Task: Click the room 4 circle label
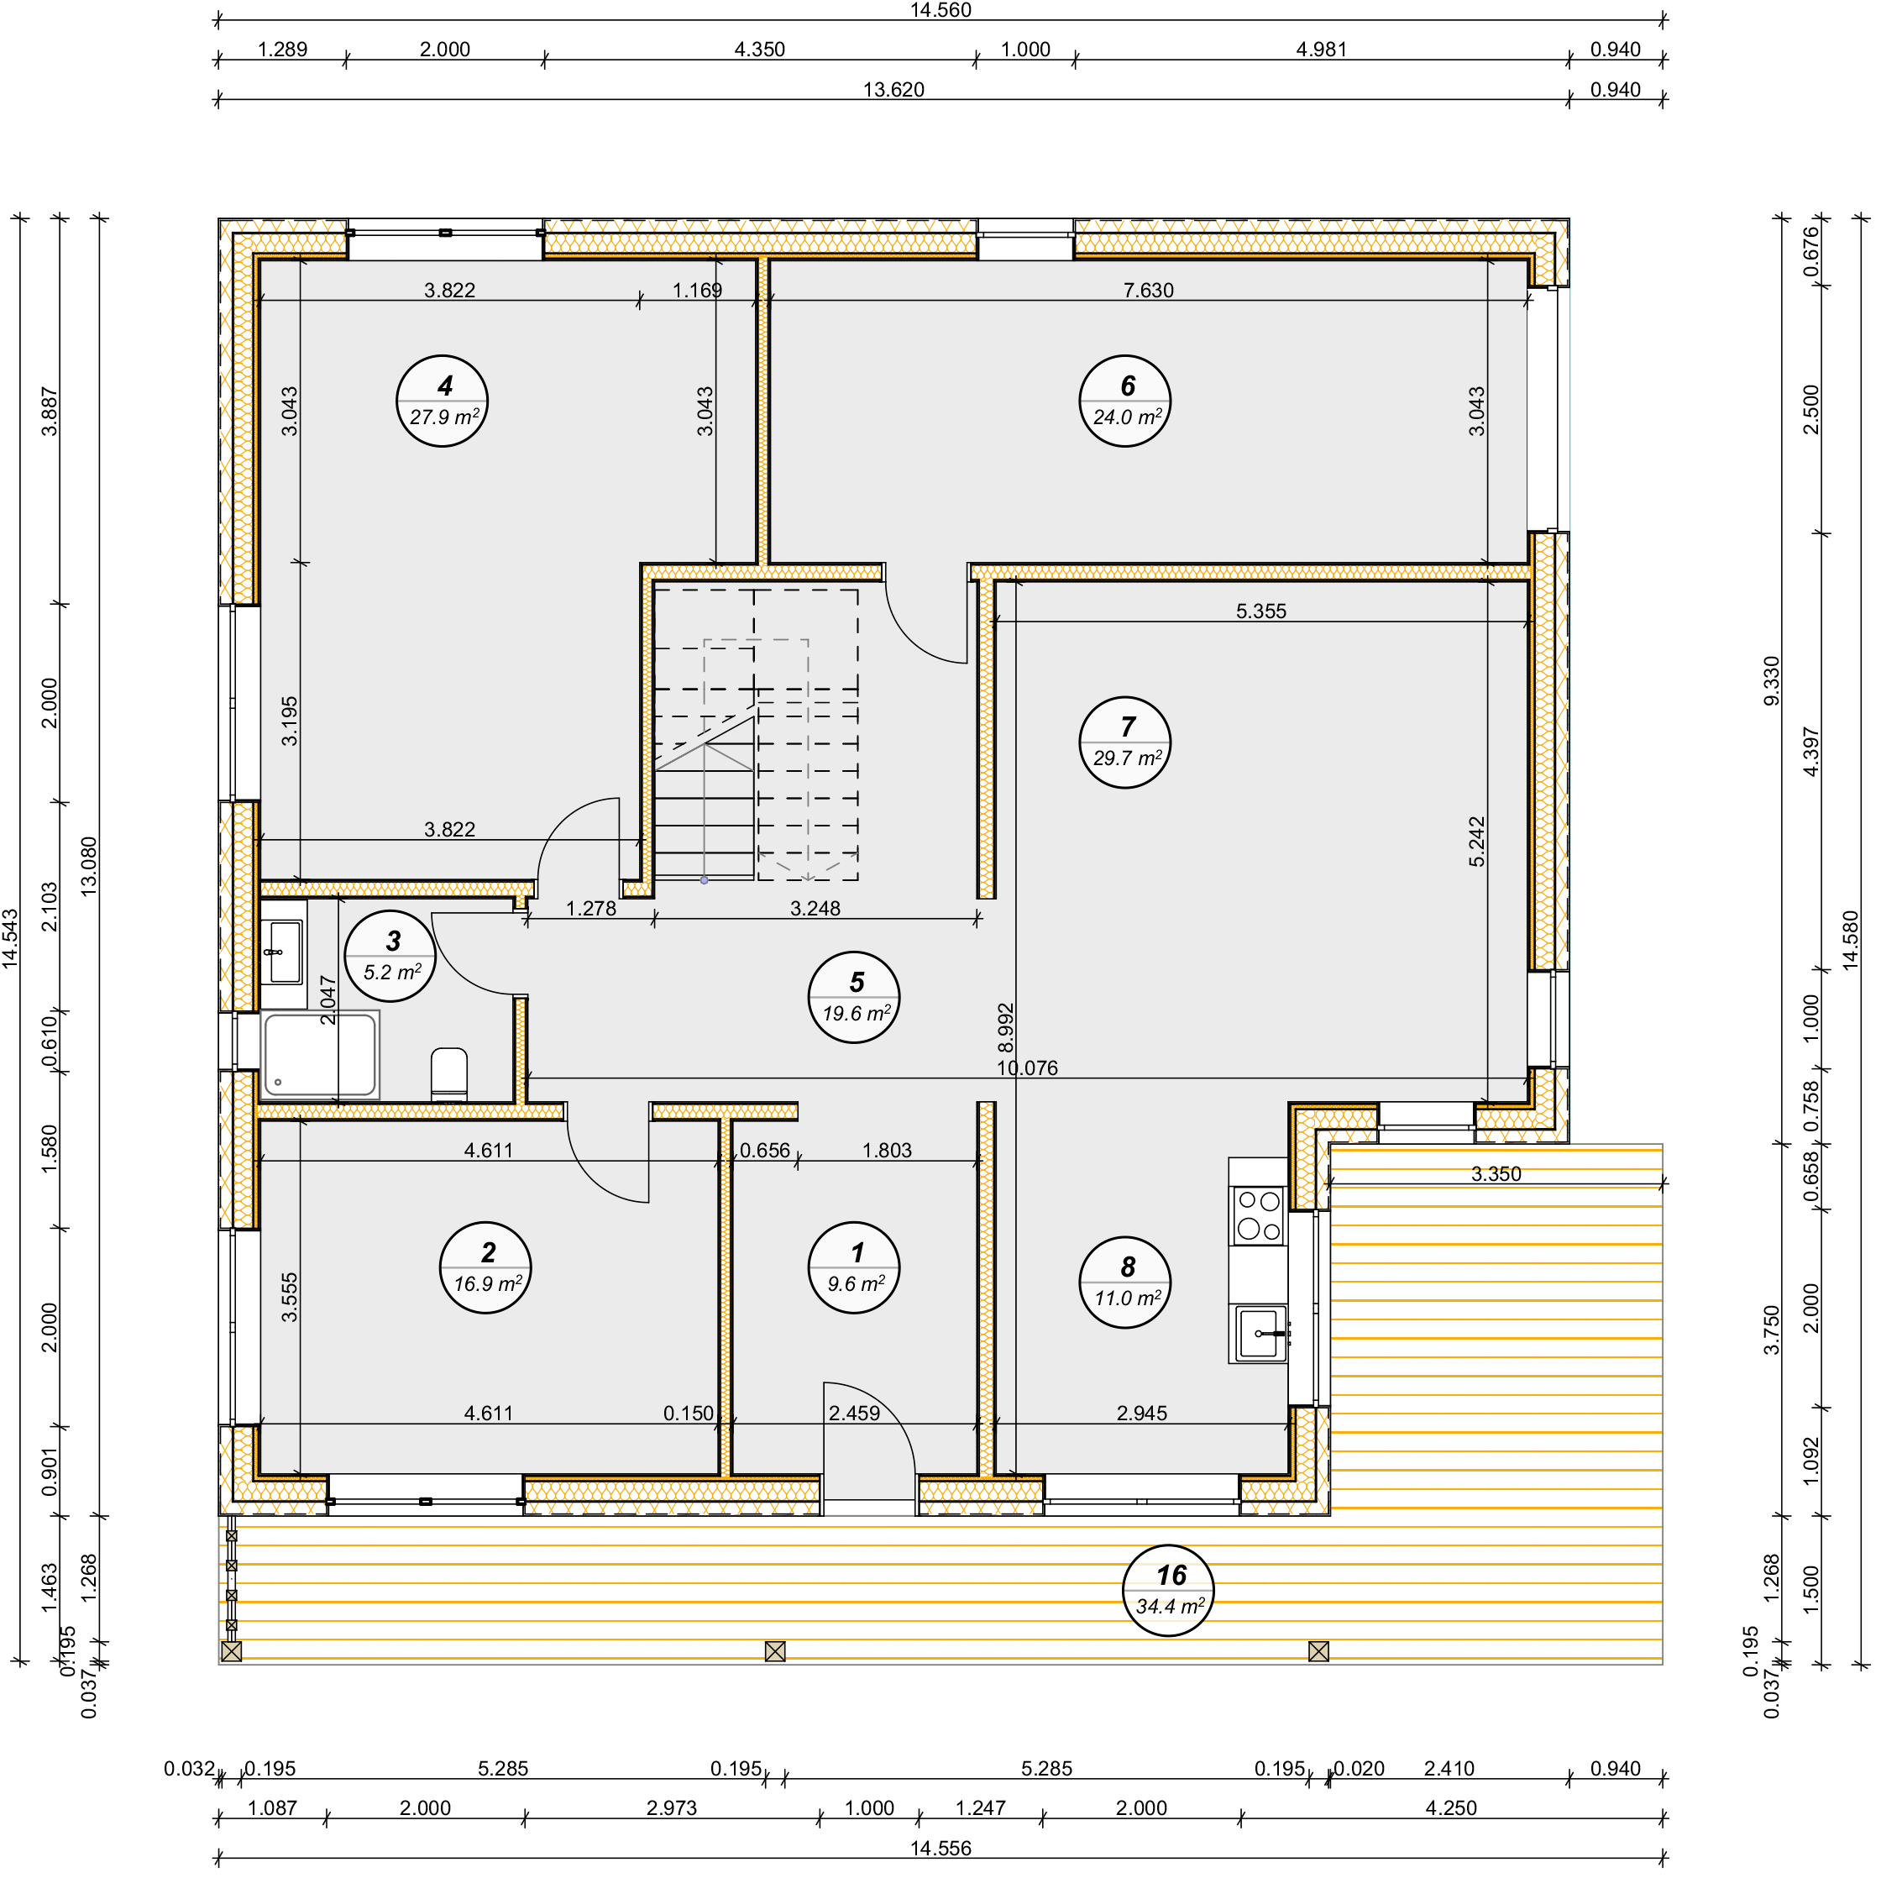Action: click(444, 402)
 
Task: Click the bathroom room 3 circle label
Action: click(392, 957)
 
